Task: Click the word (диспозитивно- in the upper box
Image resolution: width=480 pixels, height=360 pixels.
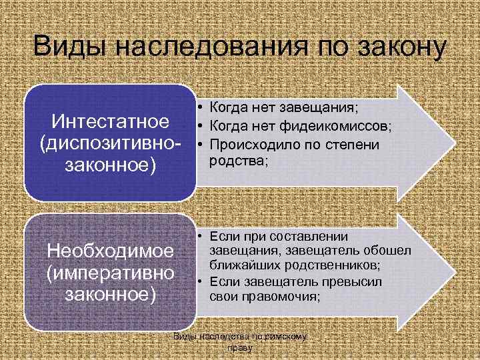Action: coord(110,143)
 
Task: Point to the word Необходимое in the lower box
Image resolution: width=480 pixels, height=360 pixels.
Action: coord(109,253)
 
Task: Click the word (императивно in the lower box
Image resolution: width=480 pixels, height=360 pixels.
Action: coord(109,273)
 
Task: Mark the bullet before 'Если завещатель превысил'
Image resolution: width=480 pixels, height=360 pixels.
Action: coord(199,281)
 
